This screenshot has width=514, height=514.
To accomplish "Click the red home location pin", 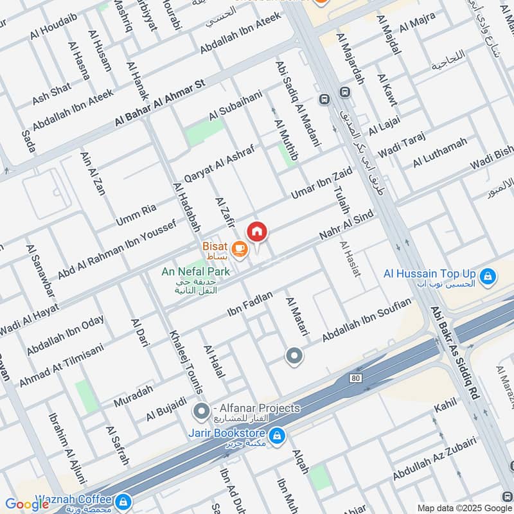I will point(257,231).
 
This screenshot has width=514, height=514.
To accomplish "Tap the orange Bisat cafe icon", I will point(239,248).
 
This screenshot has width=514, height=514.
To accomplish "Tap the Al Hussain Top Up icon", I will point(488,275).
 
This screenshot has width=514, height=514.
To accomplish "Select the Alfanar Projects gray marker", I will point(202,409).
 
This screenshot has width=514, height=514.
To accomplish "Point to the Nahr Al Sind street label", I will point(346,229).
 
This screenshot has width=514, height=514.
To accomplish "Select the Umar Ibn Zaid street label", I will point(321,184).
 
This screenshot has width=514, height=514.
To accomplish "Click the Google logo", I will point(27,504).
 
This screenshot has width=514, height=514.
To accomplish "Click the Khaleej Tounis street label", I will point(186,362).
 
